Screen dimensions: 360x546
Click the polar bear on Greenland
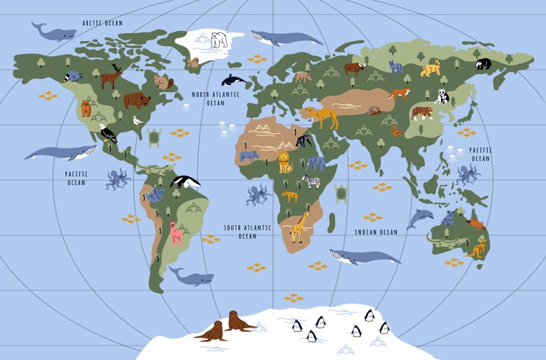219,40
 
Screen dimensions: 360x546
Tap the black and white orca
233,80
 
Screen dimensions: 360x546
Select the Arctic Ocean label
102,23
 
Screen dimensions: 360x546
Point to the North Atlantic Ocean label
215,99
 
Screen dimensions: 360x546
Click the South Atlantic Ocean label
247,231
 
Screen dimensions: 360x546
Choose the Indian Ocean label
376,233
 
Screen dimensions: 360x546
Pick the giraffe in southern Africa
299,227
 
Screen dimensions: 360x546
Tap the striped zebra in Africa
311,181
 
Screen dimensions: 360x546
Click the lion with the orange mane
285,163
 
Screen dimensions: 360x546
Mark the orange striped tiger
422,112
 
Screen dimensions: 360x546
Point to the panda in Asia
442,96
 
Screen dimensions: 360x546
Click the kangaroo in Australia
478,248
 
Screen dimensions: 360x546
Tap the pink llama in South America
175,233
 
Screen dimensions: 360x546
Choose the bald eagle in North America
107,134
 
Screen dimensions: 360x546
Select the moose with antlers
112,75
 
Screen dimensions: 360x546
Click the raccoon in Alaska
74,75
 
